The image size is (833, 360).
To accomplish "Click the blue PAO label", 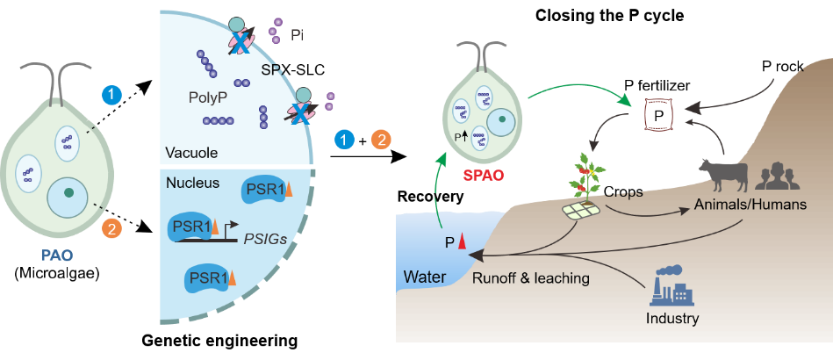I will click(x=56, y=256).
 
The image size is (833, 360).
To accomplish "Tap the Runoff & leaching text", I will click(x=530, y=278).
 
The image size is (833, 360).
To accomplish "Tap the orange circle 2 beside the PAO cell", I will click(x=111, y=228).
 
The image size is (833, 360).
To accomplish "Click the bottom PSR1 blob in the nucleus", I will click(x=208, y=279).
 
